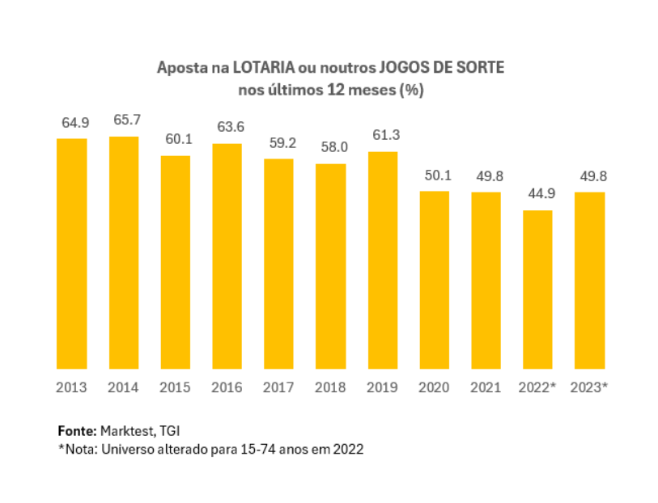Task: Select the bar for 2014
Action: click(124, 252)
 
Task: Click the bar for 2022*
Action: click(538, 290)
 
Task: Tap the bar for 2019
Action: click(383, 260)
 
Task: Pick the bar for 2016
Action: click(227, 256)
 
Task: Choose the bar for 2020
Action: click(435, 280)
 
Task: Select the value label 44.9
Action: click(538, 194)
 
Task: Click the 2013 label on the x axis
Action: click(71, 387)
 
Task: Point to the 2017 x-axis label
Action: click(279, 387)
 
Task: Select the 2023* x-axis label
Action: click(589, 387)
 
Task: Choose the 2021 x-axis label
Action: click(486, 387)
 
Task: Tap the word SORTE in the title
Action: click(482, 68)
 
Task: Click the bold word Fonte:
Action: click(77, 429)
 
